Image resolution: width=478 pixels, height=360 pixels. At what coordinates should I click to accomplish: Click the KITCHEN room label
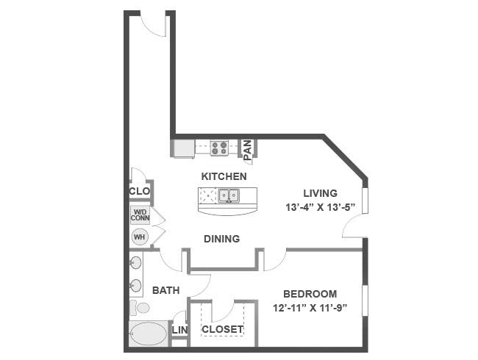[x=224, y=176]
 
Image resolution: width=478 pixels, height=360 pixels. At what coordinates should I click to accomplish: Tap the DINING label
[x=221, y=239]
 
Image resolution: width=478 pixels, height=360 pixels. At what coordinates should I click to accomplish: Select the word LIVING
[x=320, y=193]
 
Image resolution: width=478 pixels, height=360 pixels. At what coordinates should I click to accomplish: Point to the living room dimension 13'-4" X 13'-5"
[x=321, y=207]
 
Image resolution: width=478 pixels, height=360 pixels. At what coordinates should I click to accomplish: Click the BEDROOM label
[x=310, y=294]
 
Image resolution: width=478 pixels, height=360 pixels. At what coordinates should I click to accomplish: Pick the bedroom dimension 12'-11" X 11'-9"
[x=310, y=309]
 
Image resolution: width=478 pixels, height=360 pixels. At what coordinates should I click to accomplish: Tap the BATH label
[x=166, y=290]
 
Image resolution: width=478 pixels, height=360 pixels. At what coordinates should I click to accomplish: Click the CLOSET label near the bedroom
[x=223, y=329]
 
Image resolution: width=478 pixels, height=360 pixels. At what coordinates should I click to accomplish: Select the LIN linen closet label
[x=180, y=330]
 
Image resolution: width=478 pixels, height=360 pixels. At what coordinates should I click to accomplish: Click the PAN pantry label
[x=248, y=150]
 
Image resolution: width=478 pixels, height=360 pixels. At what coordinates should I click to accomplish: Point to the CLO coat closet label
[x=139, y=191]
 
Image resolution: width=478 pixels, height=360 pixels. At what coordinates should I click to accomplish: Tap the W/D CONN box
[x=140, y=215]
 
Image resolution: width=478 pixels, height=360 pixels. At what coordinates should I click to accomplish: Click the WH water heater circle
[x=140, y=237]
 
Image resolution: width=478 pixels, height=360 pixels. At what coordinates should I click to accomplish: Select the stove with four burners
[x=219, y=148]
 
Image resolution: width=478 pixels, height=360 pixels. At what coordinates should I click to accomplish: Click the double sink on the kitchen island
[x=229, y=195]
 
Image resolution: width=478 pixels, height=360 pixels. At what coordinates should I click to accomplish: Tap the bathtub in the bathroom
[x=149, y=334]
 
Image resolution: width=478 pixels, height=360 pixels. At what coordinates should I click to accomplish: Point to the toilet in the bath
[x=139, y=308]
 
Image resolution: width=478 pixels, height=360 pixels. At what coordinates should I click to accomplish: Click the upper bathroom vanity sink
[x=135, y=262]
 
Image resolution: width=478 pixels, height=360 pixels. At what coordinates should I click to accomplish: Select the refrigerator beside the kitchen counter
[x=184, y=148]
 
